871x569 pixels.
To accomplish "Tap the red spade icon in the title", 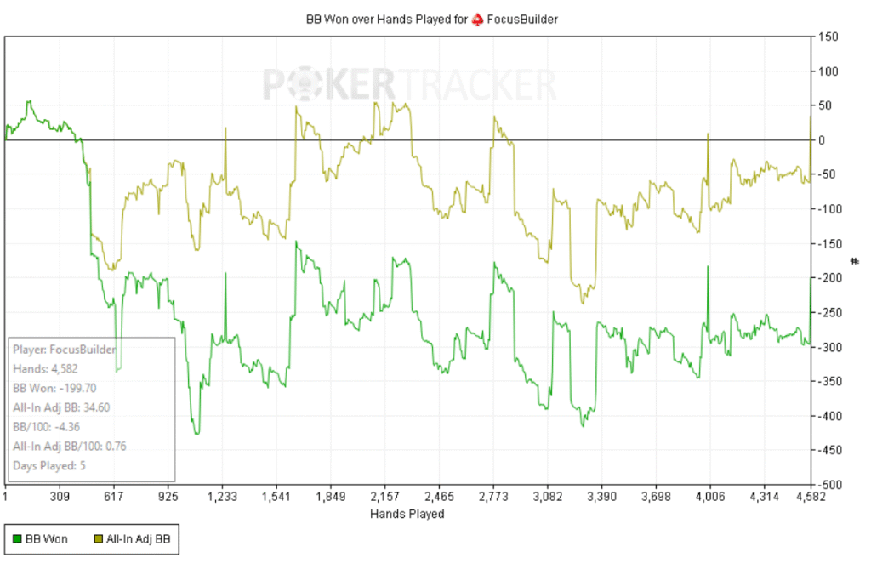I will click(478, 19).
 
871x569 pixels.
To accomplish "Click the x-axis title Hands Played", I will click(407, 515).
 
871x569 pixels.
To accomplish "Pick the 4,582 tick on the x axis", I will click(809, 495).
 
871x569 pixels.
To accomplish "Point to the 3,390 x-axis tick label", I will click(602, 495).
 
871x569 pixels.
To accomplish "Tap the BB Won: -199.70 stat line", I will click(57, 388).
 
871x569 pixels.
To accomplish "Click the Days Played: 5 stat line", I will click(48, 465).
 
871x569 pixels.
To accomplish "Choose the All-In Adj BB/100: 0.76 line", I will click(70, 446).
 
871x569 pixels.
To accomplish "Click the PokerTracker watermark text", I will click(409, 86).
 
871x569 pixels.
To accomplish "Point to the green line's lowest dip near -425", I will click(196, 434).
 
